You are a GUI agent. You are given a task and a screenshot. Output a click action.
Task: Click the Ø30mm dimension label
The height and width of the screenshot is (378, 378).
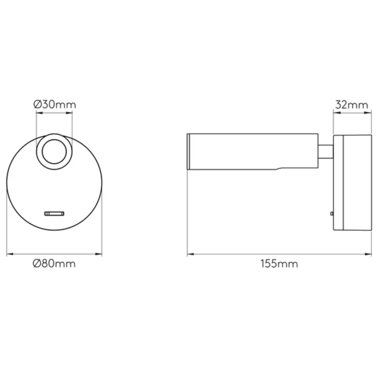[x=55, y=104]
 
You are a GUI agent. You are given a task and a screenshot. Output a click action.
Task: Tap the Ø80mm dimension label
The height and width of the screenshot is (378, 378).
[x=54, y=264]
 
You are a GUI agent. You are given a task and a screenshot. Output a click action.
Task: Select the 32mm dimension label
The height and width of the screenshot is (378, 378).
[x=352, y=105]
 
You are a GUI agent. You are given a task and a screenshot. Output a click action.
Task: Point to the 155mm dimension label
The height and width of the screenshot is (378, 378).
[x=279, y=264]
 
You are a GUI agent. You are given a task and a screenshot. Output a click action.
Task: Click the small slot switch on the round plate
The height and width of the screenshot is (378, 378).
[x=54, y=214]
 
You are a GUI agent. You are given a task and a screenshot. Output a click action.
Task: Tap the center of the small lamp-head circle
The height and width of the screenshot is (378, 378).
[x=54, y=152]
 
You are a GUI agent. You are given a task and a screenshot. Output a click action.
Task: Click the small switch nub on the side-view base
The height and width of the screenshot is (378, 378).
[x=332, y=214]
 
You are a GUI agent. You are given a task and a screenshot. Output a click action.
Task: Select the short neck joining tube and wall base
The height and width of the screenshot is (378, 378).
[x=326, y=152]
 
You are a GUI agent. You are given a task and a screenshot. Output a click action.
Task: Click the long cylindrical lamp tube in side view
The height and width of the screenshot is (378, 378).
[x=253, y=151]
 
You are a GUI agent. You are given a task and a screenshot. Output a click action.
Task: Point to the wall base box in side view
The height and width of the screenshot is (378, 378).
[x=352, y=182]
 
